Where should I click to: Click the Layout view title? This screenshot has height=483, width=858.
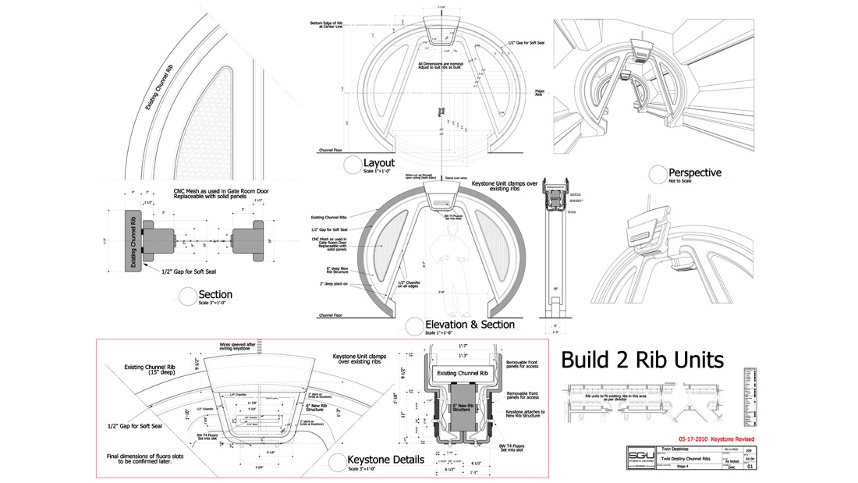pos(378,162)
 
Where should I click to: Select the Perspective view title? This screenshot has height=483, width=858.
pos(695,172)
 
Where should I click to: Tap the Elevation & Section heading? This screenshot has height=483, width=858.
pos(470,324)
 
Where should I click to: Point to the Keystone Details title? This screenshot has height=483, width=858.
pos(385,460)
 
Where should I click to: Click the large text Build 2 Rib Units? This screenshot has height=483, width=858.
pos(642,360)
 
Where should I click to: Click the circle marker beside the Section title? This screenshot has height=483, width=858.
pos(187,295)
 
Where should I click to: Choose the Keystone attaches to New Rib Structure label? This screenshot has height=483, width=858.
pos(525,414)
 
